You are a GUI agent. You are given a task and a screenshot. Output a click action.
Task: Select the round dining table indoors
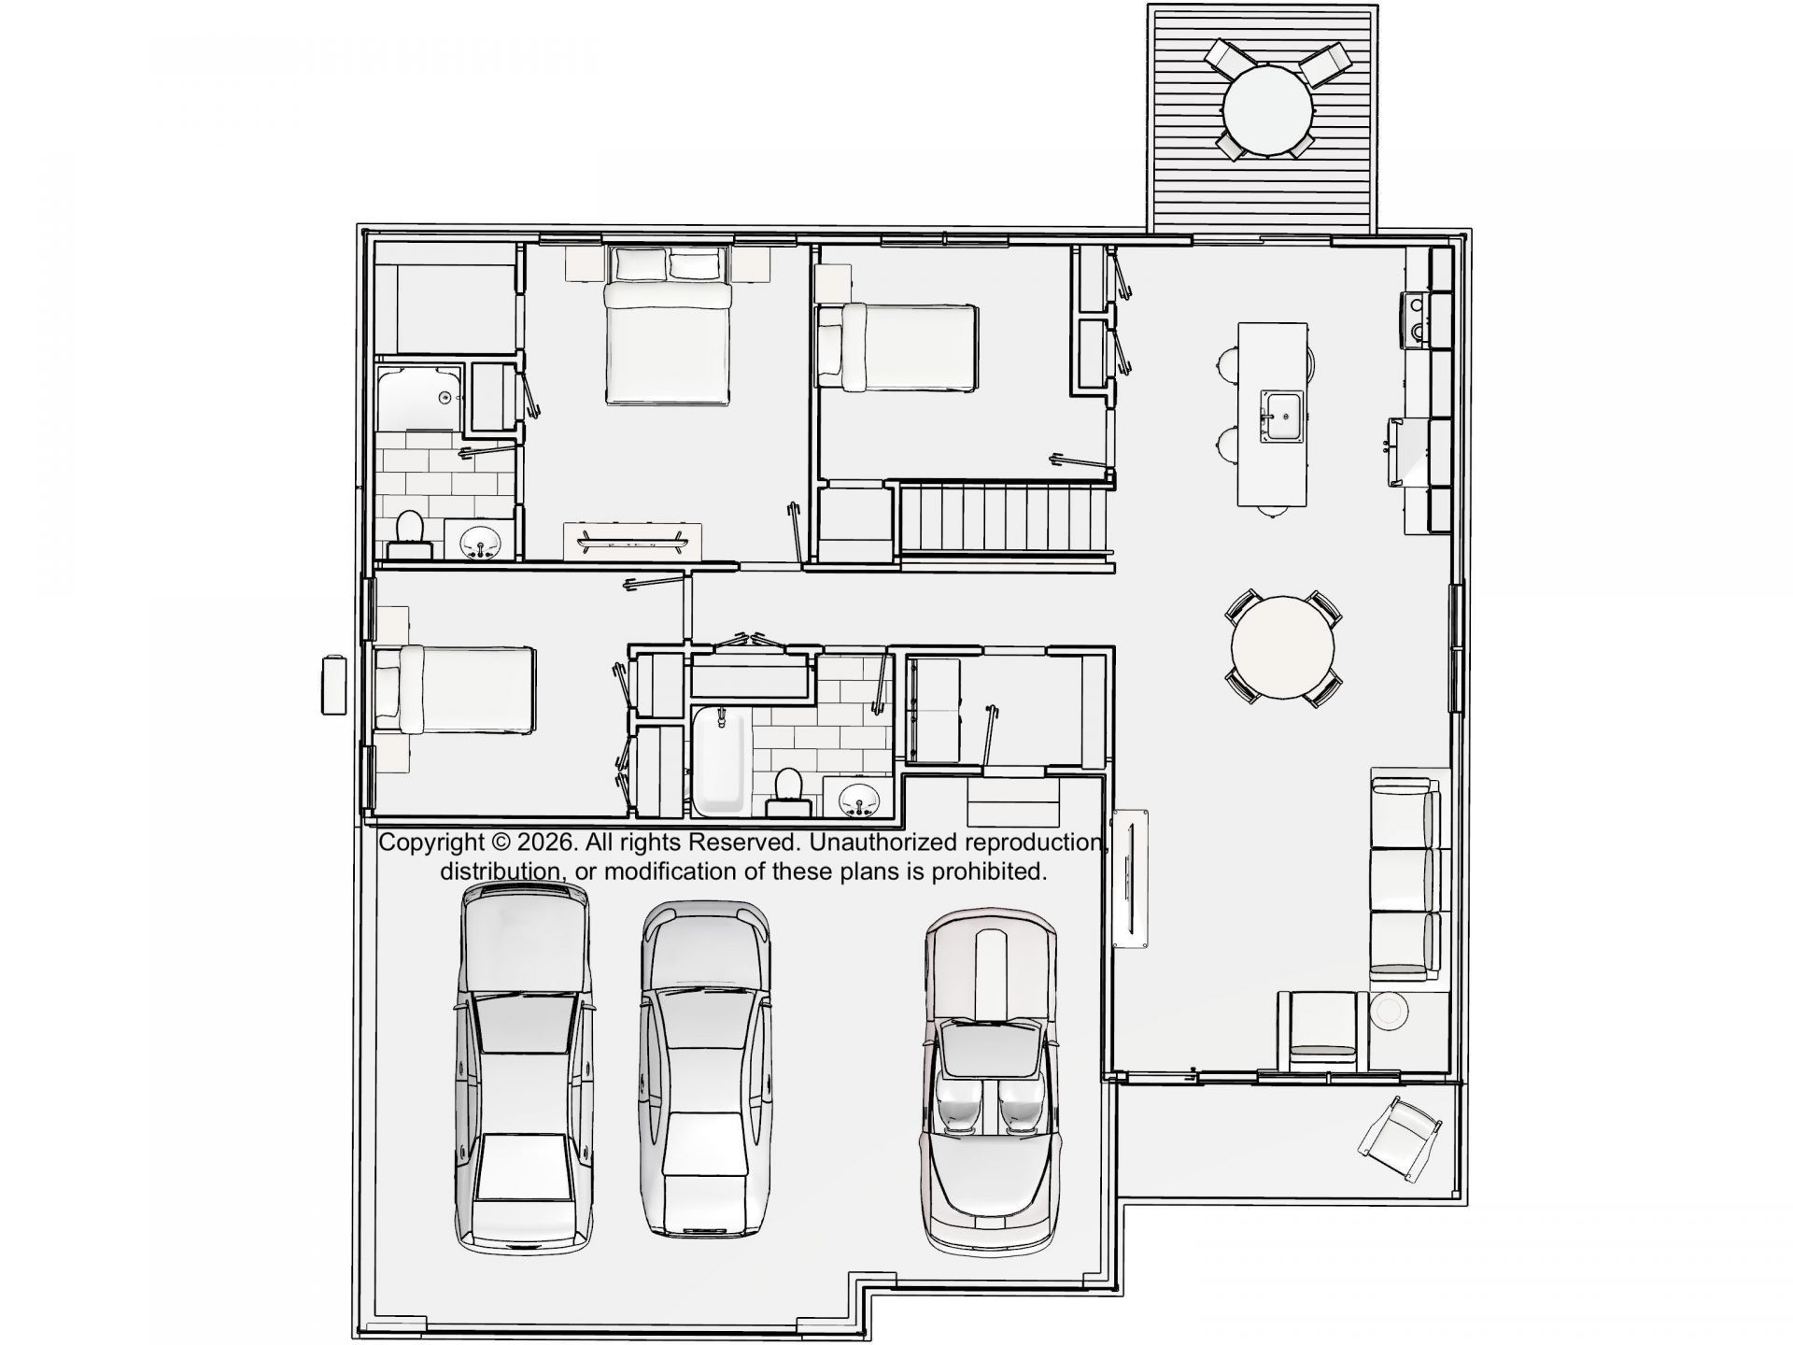1283,647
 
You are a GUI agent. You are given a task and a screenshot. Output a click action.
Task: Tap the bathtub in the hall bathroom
720,758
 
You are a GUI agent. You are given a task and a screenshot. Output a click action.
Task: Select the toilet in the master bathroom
408,533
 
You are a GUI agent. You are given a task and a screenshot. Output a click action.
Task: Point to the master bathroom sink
481,540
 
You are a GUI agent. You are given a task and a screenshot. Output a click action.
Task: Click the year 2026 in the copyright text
544,842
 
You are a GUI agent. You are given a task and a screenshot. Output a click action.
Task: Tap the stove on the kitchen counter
1416,319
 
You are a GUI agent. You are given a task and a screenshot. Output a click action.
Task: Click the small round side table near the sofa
1389,1011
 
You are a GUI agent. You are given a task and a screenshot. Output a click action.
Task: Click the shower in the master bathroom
419,397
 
